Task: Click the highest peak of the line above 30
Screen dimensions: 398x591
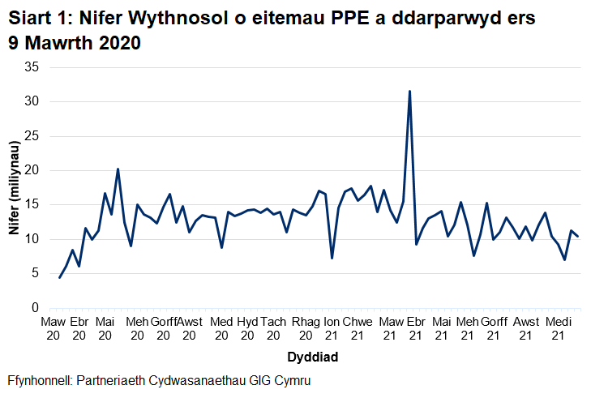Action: pyautogui.click(x=409, y=92)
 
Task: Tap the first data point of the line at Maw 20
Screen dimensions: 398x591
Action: pyautogui.click(x=60, y=277)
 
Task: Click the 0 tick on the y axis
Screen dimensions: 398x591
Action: pyautogui.click(x=36, y=308)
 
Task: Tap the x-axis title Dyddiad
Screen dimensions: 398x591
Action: pyautogui.click(x=312, y=357)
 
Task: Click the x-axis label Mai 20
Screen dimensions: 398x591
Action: pyautogui.click(x=105, y=328)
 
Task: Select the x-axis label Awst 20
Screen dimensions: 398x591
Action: pyautogui.click(x=189, y=328)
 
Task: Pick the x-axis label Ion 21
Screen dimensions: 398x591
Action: pyautogui.click(x=332, y=328)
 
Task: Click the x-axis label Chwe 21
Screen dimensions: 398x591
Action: pyautogui.click(x=358, y=328)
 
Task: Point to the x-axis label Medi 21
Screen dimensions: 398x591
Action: pyautogui.click(x=558, y=328)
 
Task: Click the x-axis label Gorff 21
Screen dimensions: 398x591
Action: pyautogui.click(x=495, y=328)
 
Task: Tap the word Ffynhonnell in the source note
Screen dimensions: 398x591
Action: pyautogui.click(x=41, y=381)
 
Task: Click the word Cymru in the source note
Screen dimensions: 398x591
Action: pyautogui.click(x=292, y=381)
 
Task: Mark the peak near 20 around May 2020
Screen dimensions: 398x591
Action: pyautogui.click(x=118, y=169)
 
